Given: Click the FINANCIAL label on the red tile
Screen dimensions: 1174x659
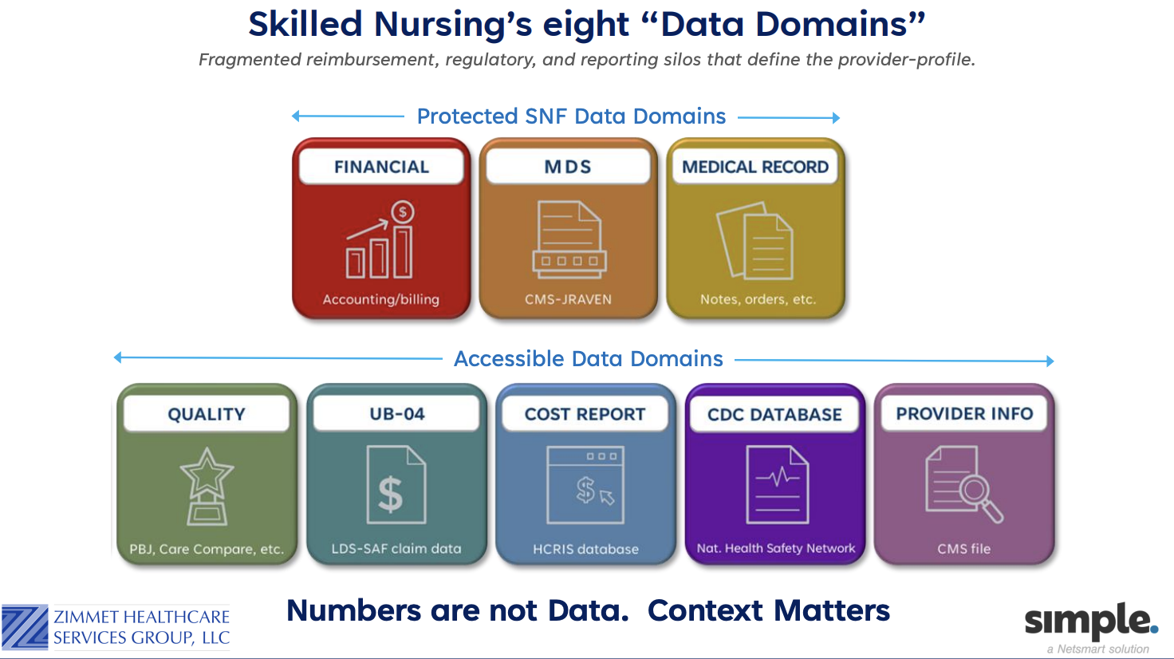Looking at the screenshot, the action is (381, 167).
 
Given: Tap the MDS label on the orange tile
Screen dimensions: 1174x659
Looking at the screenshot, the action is (568, 167).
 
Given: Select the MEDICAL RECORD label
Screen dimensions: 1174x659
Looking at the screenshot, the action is (755, 167).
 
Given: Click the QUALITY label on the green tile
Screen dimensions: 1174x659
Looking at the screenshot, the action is (207, 414).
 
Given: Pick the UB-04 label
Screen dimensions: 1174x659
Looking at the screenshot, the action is (396, 413).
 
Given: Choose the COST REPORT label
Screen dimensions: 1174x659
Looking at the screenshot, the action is (585, 414).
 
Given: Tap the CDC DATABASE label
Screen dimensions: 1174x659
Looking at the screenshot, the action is (774, 415).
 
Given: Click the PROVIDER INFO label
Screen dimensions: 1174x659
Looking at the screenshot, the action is (964, 413).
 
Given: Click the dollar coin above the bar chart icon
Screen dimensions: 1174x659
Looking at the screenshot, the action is (403, 212).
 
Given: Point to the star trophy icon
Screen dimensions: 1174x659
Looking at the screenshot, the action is (207, 486).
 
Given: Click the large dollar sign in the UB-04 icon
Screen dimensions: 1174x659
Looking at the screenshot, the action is (391, 494).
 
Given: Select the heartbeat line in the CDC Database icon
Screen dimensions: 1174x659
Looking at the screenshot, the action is (778, 477).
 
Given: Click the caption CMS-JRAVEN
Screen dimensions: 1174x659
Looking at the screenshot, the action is (568, 299).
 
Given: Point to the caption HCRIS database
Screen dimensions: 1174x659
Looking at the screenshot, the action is (585, 549).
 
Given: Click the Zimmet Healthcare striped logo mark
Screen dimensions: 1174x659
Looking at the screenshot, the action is (26, 627).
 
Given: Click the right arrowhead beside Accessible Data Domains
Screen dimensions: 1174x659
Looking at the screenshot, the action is (1050, 361).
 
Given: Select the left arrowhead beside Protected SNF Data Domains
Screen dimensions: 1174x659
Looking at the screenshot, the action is (296, 116).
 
